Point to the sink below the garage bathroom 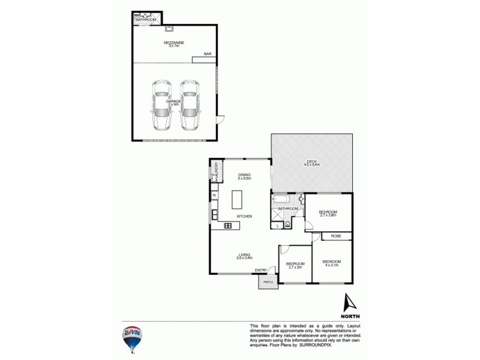(x=170, y=27)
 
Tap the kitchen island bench (x=239, y=199)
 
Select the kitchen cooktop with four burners (x=228, y=226)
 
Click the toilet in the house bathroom (x=288, y=224)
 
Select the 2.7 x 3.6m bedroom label (x=328, y=214)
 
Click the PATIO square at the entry (x=268, y=281)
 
